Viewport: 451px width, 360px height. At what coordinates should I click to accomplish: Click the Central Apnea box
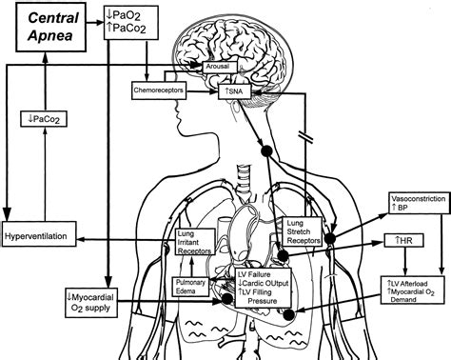tap(50, 27)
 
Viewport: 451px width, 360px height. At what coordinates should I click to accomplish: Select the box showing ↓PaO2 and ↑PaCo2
tap(131, 22)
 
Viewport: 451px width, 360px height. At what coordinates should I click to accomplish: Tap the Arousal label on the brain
tap(220, 67)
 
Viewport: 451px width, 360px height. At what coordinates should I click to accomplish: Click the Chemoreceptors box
tap(159, 90)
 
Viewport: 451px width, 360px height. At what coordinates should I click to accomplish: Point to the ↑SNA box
tap(234, 91)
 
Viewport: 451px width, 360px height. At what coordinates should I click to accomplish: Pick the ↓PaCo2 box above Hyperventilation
tap(44, 119)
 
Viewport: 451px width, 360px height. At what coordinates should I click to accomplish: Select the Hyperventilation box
tap(39, 234)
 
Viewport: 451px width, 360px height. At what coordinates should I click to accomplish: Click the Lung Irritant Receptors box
tap(195, 242)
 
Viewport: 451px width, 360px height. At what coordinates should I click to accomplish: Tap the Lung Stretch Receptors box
tap(303, 231)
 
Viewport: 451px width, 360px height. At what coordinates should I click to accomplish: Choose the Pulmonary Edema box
tap(191, 287)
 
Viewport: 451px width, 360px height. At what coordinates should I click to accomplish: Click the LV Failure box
tap(263, 288)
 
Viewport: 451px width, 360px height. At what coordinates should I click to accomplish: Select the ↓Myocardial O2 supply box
tap(91, 303)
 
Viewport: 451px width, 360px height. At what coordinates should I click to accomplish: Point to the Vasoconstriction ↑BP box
tap(418, 203)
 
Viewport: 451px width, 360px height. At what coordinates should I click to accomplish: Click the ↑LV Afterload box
tap(413, 290)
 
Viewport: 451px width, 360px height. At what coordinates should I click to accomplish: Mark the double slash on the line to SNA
tap(305, 137)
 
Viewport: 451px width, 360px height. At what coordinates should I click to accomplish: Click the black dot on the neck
tap(266, 150)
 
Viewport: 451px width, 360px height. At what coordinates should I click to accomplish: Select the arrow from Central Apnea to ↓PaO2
tap(95, 23)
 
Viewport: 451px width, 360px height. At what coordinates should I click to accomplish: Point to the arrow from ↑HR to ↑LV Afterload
tap(404, 261)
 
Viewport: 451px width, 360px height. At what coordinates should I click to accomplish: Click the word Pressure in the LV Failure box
tap(263, 301)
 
